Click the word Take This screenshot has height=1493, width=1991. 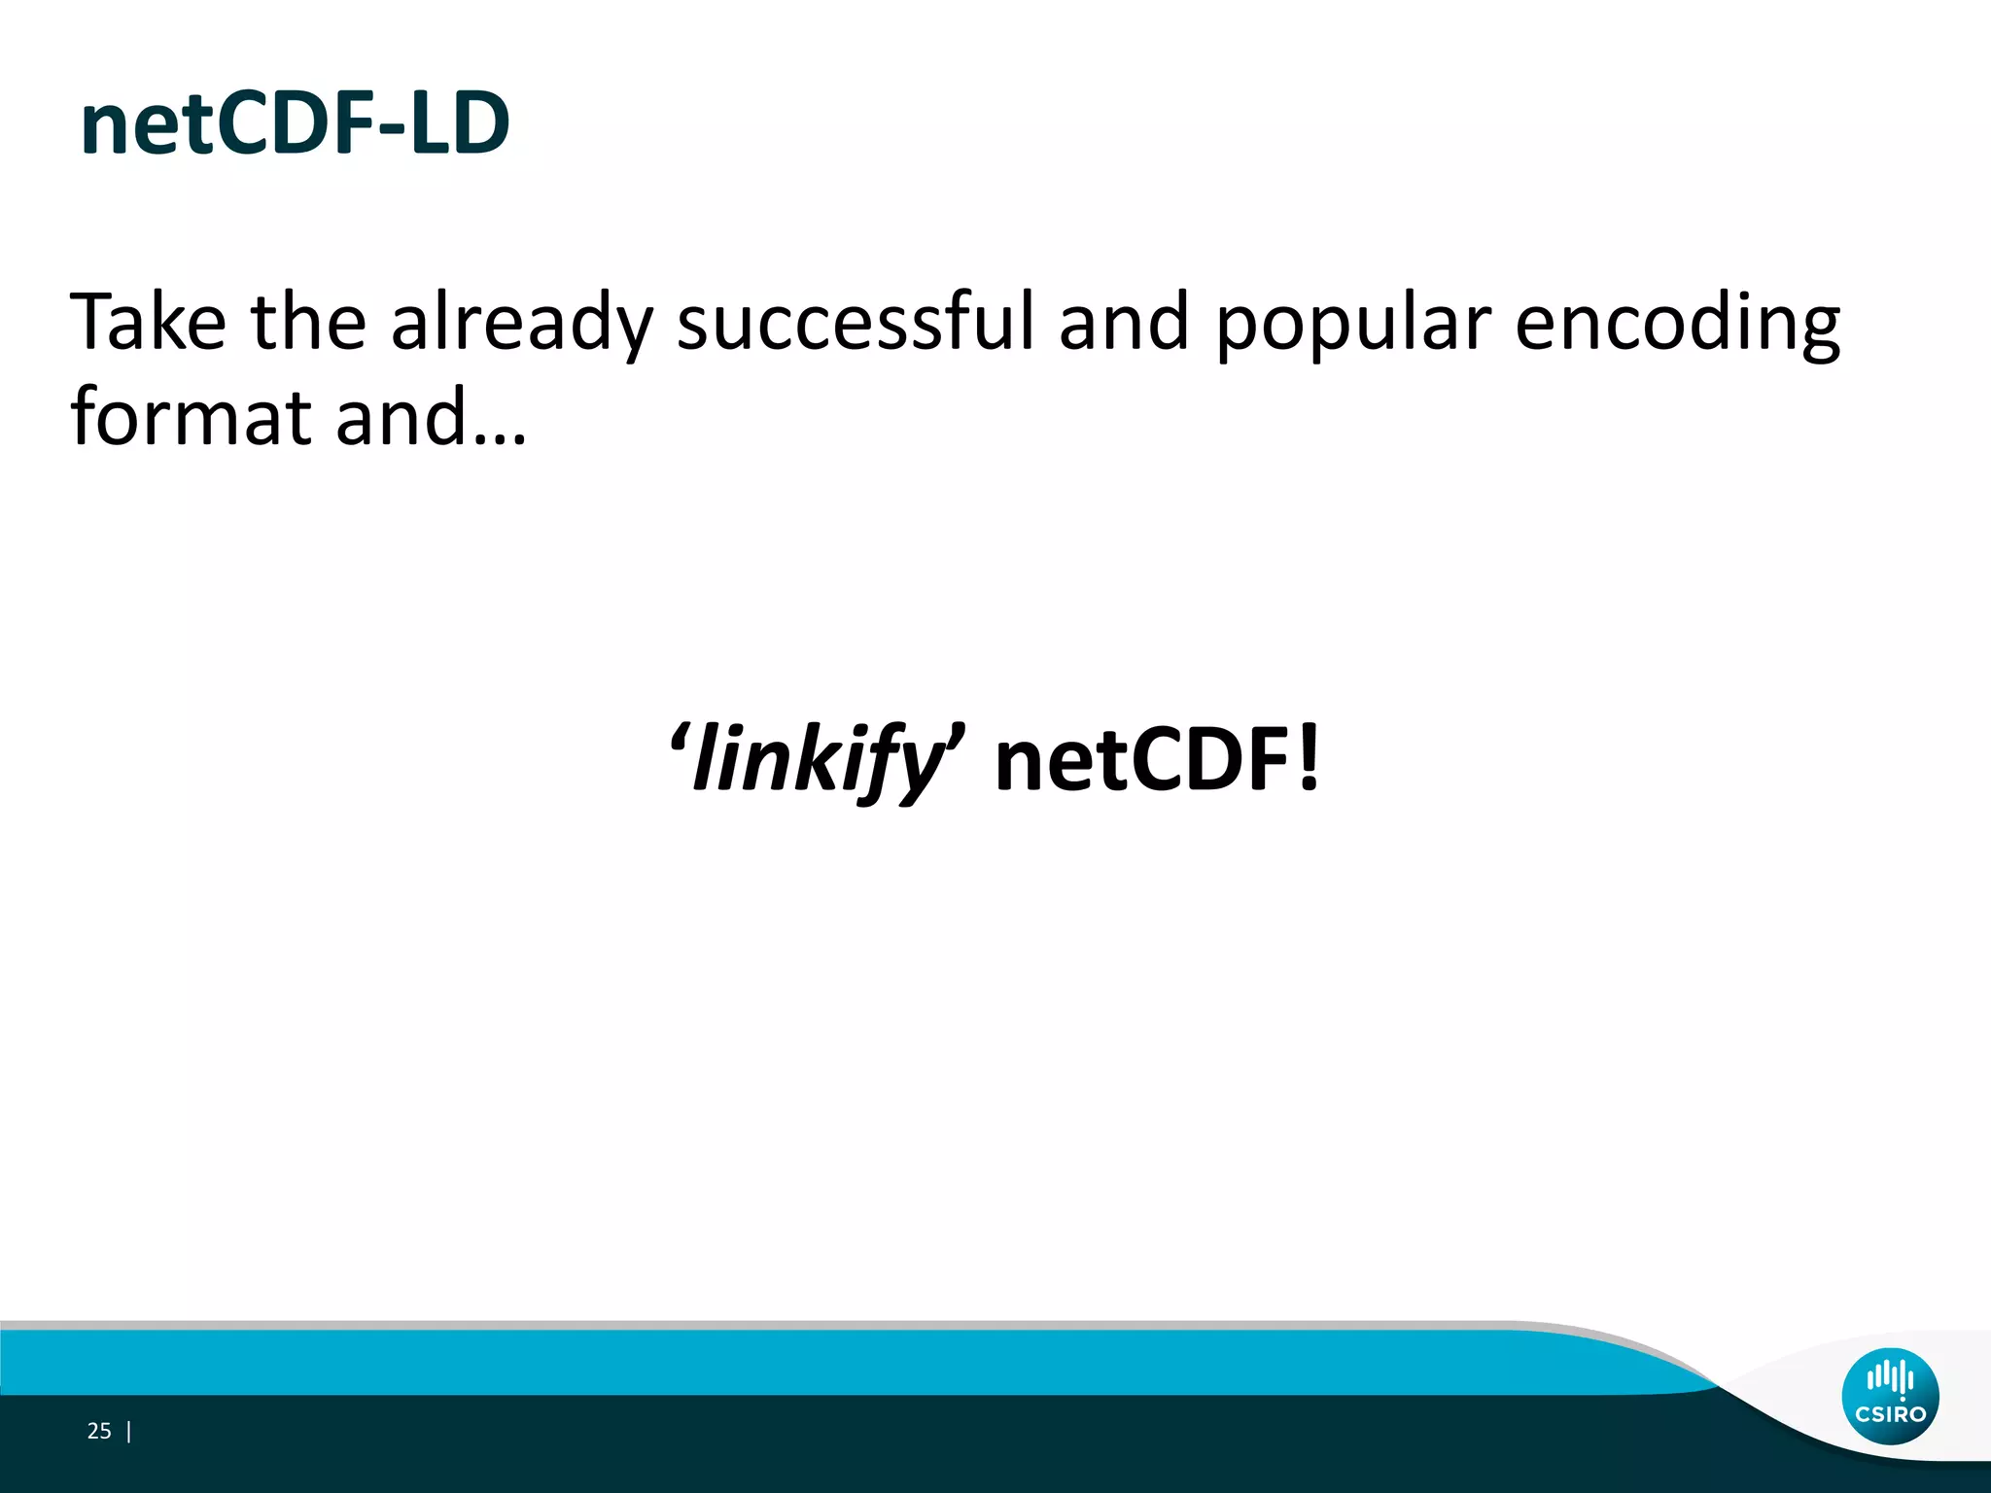[x=148, y=323]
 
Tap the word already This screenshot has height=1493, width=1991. [x=521, y=325]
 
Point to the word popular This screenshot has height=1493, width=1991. [x=1352, y=325]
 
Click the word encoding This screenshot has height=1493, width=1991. [x=1677, y=325]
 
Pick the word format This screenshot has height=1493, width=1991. [x=190, y=418]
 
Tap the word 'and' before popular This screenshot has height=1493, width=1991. [x=1123, y=323]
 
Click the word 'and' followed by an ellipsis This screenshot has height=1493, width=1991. [x=402, y=418]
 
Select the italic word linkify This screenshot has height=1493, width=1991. [x=818, y=761]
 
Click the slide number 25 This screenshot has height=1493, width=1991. [x=99, y=1431]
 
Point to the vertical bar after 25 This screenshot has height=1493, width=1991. [x=129, y=1431]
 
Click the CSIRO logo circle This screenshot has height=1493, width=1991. [x=1890, y=1396]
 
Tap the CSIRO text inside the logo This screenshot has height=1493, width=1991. [x=1890, y=1414]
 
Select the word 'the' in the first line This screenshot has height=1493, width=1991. [x=308, y=323]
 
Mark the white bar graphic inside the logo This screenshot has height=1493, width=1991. [x=1890, y=1377]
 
